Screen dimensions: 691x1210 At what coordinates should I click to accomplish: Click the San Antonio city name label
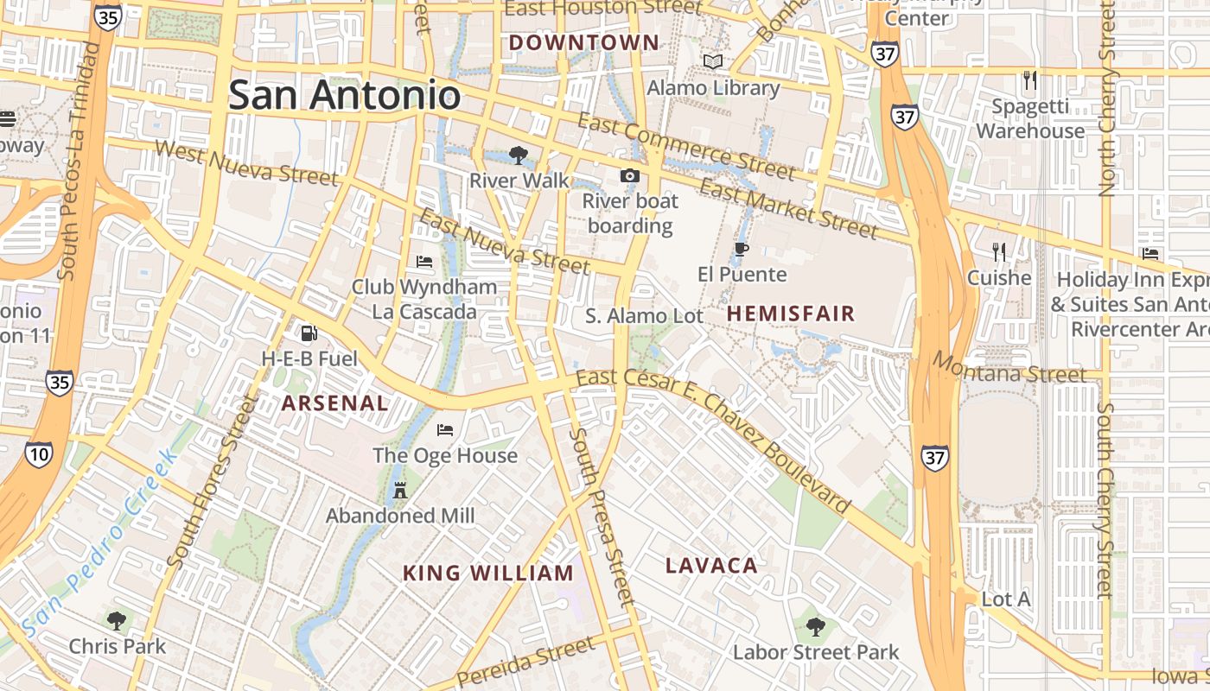[x=344, y=94]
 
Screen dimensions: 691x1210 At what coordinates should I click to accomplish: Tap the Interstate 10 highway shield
[x=38, y=454]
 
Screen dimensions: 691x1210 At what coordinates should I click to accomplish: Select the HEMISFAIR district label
[x=790, y=314]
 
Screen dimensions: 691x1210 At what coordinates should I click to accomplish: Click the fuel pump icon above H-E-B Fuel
[x=308, y=333]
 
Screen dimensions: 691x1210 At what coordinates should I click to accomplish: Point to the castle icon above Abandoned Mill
[x=399, y=491]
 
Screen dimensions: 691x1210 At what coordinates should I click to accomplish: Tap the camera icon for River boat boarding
[x=630, y=176]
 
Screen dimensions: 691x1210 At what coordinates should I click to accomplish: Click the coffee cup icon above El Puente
[x=741, y=250]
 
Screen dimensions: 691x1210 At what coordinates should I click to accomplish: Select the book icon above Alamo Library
[x=713, y=62]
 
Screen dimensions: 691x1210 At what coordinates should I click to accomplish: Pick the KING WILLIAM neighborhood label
[x=488, y=573]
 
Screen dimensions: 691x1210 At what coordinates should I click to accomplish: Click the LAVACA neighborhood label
[x=711, y=566]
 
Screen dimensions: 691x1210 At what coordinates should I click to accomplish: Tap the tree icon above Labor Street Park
[x=815, y=627]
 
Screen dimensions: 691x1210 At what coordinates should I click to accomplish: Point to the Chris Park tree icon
[x=116, y=620]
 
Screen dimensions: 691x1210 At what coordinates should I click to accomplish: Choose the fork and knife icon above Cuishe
[x=999, y=252]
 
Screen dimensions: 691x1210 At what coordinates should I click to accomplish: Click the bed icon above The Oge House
[x=445, y=429]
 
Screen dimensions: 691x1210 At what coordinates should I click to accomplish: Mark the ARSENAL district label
[x=334, y=403]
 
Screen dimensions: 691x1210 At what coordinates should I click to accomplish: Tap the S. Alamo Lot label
[x=644, y=316]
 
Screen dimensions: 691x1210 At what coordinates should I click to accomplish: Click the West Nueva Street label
[x=245, y=162]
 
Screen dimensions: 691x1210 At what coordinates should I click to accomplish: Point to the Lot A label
[x=1006, y=599]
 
